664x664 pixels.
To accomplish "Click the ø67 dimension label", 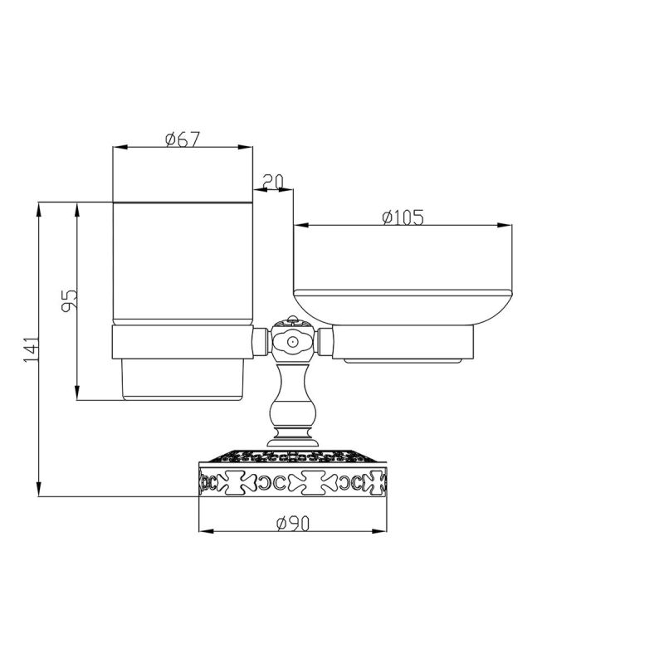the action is click(x=182, y=139).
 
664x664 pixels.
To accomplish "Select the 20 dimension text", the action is click(x=273, y=181).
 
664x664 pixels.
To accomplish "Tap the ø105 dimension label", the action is click(x=403, y=217).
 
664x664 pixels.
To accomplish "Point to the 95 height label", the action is click(x=70, y=300).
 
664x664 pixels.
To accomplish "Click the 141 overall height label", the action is click(x=31, y=349).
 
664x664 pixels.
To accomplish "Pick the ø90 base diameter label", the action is click(x=293, y=524).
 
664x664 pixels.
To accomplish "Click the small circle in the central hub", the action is click(x=291, y=341).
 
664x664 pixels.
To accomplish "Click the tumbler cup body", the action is click(x=183, y=263).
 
